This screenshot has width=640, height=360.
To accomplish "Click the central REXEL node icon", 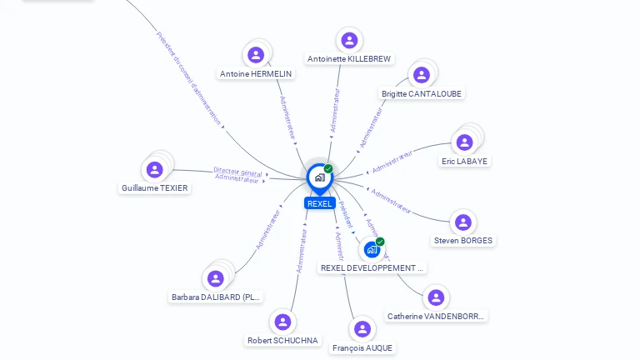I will [x=319, y=177].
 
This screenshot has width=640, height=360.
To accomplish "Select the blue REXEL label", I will [x=319, y=203].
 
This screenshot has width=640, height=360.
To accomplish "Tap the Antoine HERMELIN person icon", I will [x=256, y=55].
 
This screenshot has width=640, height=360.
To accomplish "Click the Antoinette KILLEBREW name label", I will [x=349, y=59].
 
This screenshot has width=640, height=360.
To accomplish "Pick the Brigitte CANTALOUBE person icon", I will [x=422, y=75].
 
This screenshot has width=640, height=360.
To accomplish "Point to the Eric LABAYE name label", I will [x=465, y=161].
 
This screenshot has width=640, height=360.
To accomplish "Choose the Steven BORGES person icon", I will [x=462, y=222].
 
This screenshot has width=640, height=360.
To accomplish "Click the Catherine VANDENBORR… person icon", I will [x=435, y=297].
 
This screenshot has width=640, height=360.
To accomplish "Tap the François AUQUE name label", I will [x=362, y=347].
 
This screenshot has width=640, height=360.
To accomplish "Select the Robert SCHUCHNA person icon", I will [x=283, y=322].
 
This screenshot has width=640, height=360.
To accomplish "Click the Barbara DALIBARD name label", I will [x=216, y=297].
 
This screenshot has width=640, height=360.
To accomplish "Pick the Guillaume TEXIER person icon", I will [x=154, y=170].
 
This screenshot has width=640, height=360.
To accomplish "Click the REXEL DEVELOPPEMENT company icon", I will [x=372, y=249].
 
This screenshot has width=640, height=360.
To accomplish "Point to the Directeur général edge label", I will [x=237, y=171].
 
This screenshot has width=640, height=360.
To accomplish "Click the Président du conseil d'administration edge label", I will [x=188, y=78].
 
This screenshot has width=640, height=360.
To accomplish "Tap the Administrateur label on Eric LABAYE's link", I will [x=392, y=162].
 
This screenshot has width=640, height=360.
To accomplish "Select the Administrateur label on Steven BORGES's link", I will [x=391, y=202].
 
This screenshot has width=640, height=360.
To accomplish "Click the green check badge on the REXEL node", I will [x=328, y=168].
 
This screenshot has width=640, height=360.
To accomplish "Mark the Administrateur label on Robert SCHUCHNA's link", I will [x=301, y=251].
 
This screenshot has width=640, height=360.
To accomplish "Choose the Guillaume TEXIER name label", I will [x=155, y=188].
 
